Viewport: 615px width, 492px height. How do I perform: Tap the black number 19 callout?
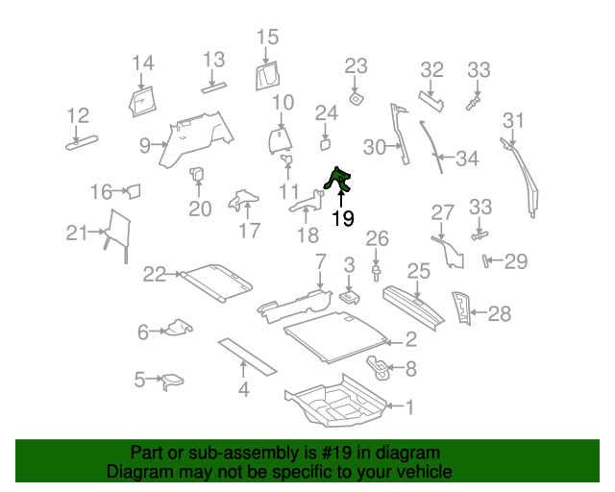point(342,219)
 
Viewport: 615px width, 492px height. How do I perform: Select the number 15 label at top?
point(267,37)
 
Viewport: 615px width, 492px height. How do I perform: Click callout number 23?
point(356,65)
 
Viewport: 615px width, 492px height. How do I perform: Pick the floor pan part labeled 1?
point(332,405)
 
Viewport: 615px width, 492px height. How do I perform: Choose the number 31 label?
point(514,120)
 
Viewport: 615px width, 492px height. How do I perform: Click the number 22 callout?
point(155,274)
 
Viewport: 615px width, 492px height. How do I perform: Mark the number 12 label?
point(77,116)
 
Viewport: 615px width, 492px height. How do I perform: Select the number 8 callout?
point(411,367)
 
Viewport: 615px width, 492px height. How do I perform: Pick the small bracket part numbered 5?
point(173,382)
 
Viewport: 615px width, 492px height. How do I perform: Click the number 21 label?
point(77,232)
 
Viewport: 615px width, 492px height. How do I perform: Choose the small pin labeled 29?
point(487,260)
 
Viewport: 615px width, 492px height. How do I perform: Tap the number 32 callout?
point(432,69)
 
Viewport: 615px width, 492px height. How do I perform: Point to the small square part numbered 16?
point(134,191)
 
